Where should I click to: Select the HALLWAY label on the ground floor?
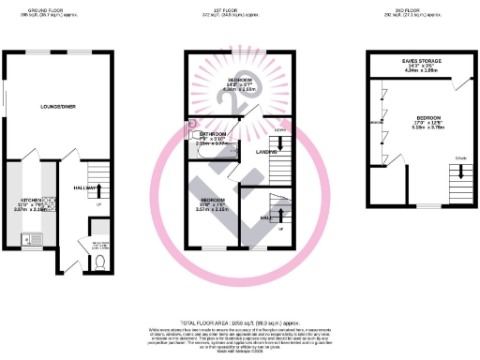pos(85,187)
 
